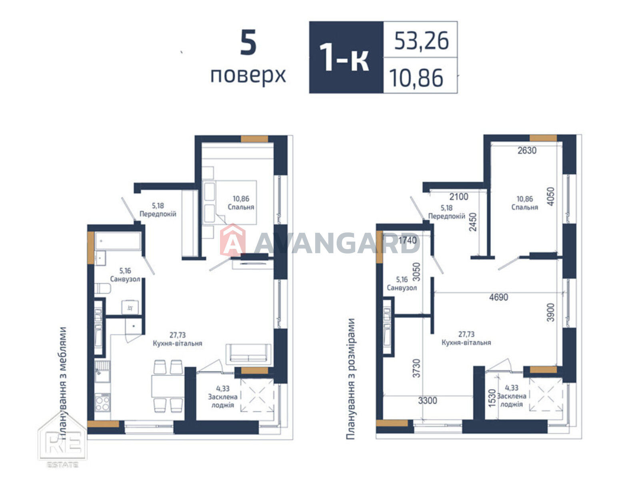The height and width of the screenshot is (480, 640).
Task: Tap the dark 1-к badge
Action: click(x=346, y=57)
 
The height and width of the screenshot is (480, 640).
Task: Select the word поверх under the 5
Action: click(x=248, y=76)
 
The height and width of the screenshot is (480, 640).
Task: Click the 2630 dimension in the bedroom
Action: click(x=526, y=150)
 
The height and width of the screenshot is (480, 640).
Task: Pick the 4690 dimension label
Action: click(x=498, y=297)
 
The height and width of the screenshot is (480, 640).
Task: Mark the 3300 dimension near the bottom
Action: click(x=428, y=400)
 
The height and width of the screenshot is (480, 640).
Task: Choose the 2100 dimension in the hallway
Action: click(x=459, y=197)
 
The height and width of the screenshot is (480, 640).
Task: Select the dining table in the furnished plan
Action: click(x=168, y=386)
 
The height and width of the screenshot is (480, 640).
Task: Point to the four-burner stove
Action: click(x=102, y=402)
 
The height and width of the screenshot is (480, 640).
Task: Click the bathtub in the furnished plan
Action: click(x=118, y=241)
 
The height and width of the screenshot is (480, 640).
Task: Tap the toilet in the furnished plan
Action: click(x=102, y=288)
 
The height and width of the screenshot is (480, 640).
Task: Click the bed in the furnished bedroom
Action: click(x=230, y=202)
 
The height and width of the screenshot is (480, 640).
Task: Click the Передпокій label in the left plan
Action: click(x=158, y=214)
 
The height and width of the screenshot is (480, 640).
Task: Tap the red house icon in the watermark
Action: click(x=233, y=240)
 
